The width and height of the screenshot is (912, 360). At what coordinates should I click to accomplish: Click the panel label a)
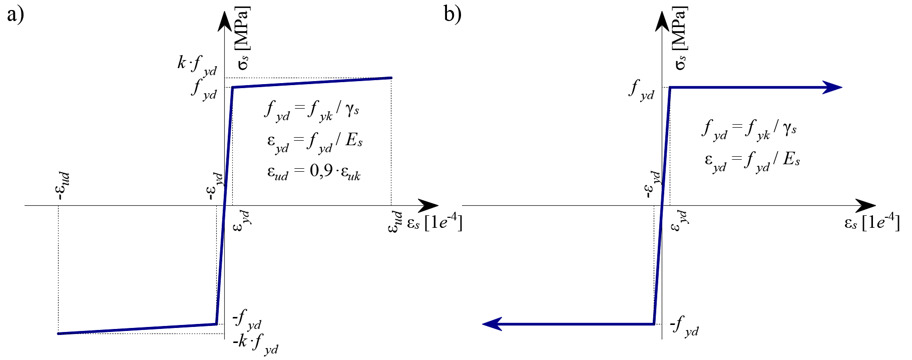click(16, 15)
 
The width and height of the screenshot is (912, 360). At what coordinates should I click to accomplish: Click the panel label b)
click(452, 15)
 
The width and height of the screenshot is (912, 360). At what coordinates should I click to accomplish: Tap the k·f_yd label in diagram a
click(197, 65)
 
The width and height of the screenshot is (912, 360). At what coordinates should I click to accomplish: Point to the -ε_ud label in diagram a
click(63, 186)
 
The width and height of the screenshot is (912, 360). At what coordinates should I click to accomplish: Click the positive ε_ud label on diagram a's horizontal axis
click(395, 222)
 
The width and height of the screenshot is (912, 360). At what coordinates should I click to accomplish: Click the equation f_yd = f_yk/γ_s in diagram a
click(312, 110)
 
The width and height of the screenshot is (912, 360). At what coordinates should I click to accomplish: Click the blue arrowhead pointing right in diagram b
click(833, 88)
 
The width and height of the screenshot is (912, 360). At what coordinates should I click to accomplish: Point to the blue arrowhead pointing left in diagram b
click(492, 324)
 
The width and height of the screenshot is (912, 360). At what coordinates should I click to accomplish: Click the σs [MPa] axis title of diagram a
click(243, 38)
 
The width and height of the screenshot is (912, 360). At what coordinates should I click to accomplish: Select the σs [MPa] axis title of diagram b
click(680, 38)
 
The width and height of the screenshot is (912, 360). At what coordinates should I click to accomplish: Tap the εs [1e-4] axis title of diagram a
click(434, 222)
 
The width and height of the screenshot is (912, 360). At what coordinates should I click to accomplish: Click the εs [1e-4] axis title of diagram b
click(871, 222)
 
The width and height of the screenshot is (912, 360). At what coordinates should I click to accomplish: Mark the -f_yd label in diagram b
click(684, 326)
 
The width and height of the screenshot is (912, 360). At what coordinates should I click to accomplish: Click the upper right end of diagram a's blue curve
click(391, 78)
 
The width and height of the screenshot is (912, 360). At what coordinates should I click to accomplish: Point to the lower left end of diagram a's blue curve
click(59, 333)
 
